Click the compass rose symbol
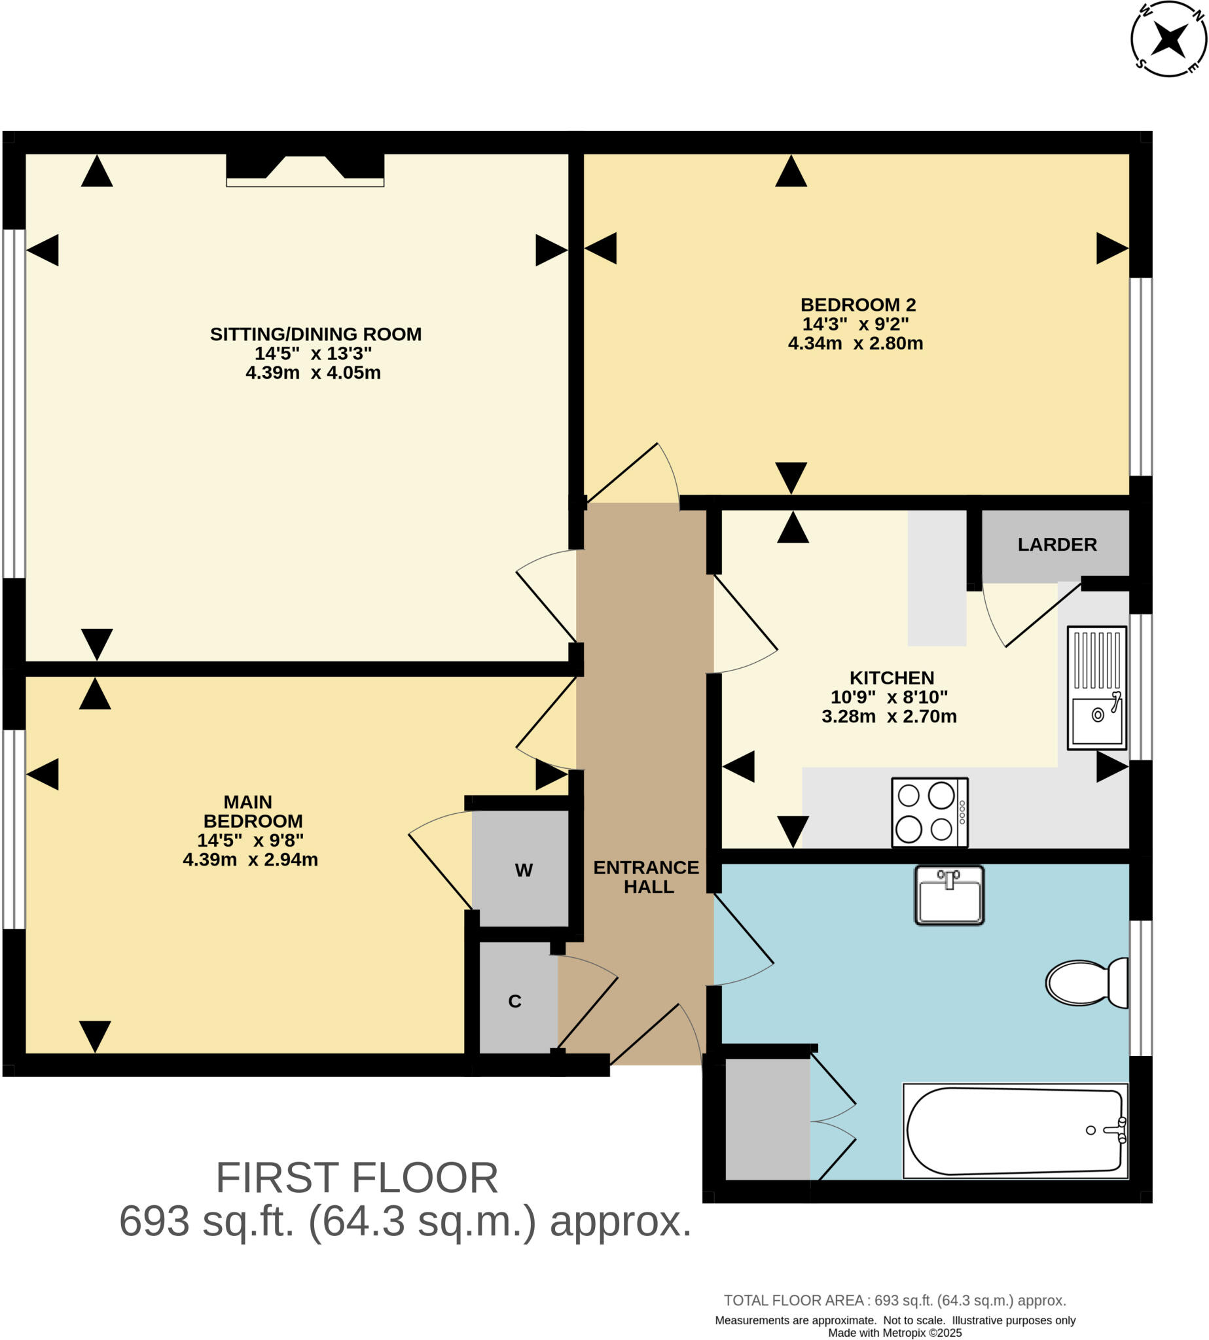pos(1168,39)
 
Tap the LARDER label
pos(1057,544)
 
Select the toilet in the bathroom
pos(1087,983)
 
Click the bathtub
pos(1015,1131)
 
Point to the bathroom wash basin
pos(949,895)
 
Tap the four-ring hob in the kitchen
pos(929,813)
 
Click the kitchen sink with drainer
pos(1096,688)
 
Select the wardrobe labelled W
pos(523,870)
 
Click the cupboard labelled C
pos(514,1000)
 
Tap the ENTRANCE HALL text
pos(646,877)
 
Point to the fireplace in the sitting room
pos(305,170)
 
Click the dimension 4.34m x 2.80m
pos(856,344)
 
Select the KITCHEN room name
pos(892,678)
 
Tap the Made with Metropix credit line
pos(895,1333)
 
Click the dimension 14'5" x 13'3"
pos(313,353)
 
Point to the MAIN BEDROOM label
pos(251,811)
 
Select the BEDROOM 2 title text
pos(857,305)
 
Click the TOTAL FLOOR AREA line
pos(895,1300)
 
